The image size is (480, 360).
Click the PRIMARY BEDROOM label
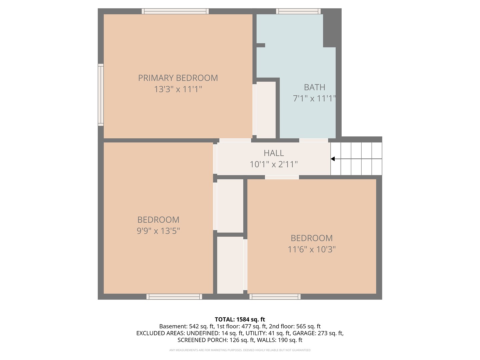178,78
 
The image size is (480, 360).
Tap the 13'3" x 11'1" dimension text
178,89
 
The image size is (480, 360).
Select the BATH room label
314,87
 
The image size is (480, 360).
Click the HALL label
274,153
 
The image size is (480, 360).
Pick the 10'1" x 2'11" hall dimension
274,164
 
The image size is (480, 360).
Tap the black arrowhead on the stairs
333,159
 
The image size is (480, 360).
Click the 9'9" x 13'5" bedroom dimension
158,231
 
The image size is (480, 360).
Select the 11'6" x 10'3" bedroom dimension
312,249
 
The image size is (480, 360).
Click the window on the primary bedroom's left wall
101,95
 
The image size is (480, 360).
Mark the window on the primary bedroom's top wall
175,11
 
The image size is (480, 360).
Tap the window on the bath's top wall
298,11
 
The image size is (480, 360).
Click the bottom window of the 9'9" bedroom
174,297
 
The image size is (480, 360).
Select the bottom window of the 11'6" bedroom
275,297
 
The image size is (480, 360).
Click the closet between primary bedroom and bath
266,110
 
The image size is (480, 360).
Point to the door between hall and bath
313,140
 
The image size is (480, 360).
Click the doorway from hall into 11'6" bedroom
282,177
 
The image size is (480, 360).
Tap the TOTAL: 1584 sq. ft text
240,319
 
